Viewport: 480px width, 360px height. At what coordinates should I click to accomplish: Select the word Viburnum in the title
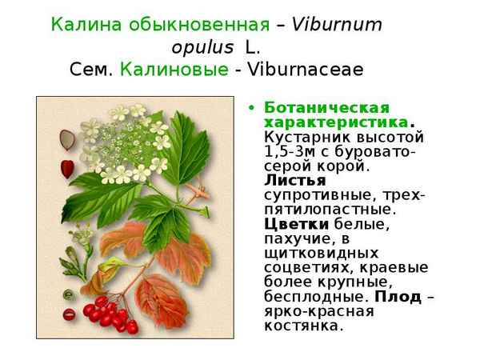point(337,24)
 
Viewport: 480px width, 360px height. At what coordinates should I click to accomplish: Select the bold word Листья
point(290,181)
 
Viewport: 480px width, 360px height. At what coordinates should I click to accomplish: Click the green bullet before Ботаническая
point(252,108)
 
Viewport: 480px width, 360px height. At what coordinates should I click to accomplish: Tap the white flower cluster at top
point(128,140)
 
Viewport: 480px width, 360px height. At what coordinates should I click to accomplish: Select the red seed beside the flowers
point(67,168)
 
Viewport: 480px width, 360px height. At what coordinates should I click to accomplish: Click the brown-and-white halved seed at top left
point(67,140)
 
